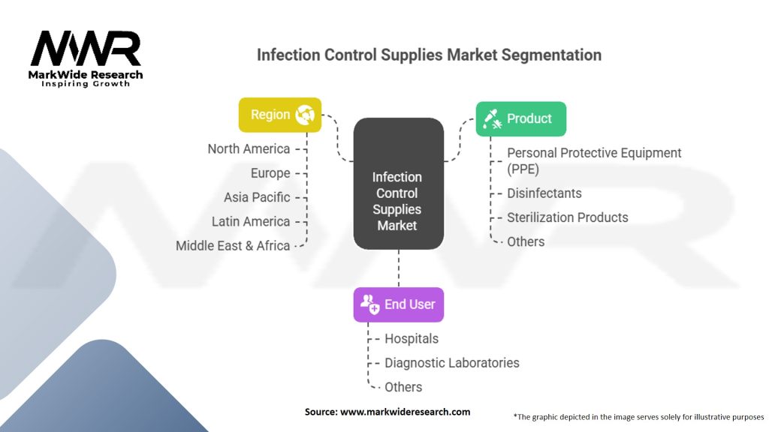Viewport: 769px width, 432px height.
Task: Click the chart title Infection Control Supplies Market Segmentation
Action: [x=429, y=55]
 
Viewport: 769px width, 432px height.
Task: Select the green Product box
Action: [x=520, y=118]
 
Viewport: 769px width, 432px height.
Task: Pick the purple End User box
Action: [x=398, y=304]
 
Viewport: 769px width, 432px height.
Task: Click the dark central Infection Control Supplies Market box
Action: [x=398, y=184]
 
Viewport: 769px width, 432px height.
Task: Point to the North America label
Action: [x=249, y=148]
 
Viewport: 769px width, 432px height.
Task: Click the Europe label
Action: [x=270, y=173]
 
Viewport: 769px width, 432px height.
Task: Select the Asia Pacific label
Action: [x=257, y=197]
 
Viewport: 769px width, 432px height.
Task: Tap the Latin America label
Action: [x=251, y=221]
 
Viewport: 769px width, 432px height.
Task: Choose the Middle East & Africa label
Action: [x=233, y=245]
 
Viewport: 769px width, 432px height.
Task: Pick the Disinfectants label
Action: [x=544, y=193]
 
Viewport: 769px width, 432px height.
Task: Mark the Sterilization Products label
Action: [x=567, y=217]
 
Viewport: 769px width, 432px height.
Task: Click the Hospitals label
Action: [x=412, y=338]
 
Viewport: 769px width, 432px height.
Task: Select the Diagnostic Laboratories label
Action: [x=451, y=362]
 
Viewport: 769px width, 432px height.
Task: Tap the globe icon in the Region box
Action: [x=305, y=115]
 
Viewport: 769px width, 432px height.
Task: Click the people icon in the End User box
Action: [x=369, y=304]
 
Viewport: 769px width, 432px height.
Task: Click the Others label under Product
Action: [x=526, y=241]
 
